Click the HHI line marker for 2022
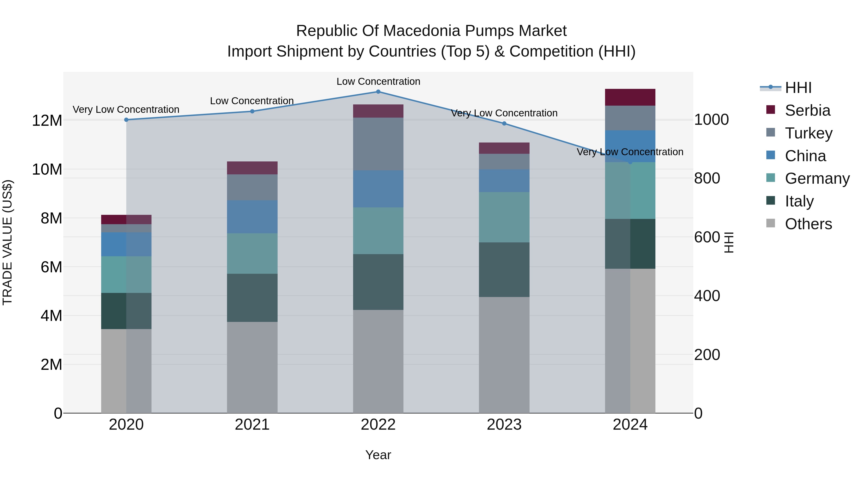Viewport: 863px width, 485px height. (378, 92)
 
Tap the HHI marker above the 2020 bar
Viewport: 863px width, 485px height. (126, 120)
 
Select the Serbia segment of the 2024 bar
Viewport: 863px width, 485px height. (630, 97)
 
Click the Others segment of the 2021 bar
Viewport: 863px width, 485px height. (252, 367)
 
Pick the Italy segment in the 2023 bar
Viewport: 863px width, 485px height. (504, 270)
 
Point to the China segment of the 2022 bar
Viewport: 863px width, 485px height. (378, 189)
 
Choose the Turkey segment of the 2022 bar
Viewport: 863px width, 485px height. (378, 144)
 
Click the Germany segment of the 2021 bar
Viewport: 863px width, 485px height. (252, 253)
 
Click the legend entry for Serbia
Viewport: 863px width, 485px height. (807, 110)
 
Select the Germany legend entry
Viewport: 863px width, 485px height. (817, 178)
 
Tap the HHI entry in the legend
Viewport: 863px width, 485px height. (798, 88)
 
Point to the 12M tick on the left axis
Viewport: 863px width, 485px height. (47, 120)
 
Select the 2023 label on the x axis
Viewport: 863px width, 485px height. (504, 425)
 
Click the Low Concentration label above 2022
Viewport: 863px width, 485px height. (378, 81)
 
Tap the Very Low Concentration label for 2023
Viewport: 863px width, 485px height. (504, 113)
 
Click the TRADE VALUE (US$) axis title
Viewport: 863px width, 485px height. (7, 242)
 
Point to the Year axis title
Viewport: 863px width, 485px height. (378, 455)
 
